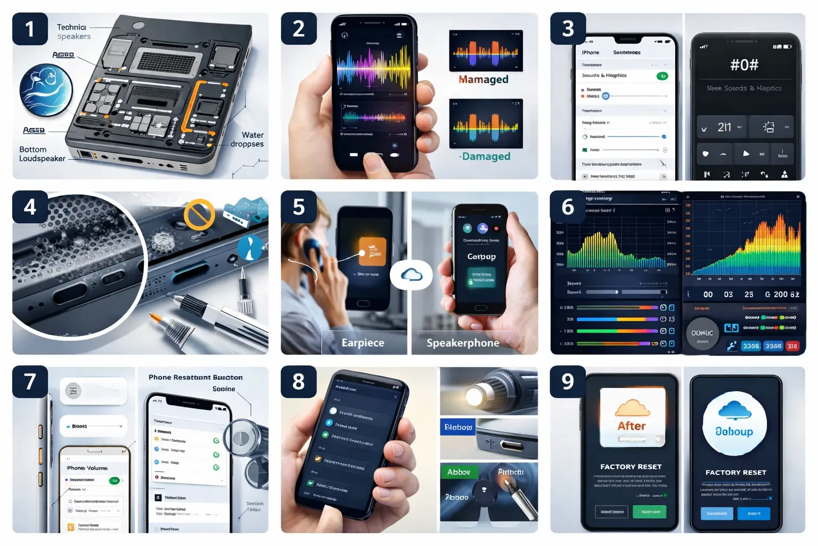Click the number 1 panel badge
pos(30,29)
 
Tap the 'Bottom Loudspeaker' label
pos(42,154)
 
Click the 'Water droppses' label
pos(248,140)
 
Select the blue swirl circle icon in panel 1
pos(46,90)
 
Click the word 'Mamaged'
pos(484,79)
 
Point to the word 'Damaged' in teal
pos(486,156)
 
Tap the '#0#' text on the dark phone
pos(744,65)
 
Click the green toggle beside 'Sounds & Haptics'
pos(662,76)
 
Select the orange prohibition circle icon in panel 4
pos(199,214)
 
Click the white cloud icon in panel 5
pos(411,275)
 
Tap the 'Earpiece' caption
pos(363,343)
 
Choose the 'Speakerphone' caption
pos(463,343)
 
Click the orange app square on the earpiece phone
pos(372,251)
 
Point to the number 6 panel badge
pos(568,207)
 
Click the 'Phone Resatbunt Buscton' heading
pos(195,378)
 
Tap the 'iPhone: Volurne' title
pos(87,468)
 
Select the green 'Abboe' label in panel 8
pos(459,472)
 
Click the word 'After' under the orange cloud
pos(632,426)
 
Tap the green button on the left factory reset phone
pos(650,512)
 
